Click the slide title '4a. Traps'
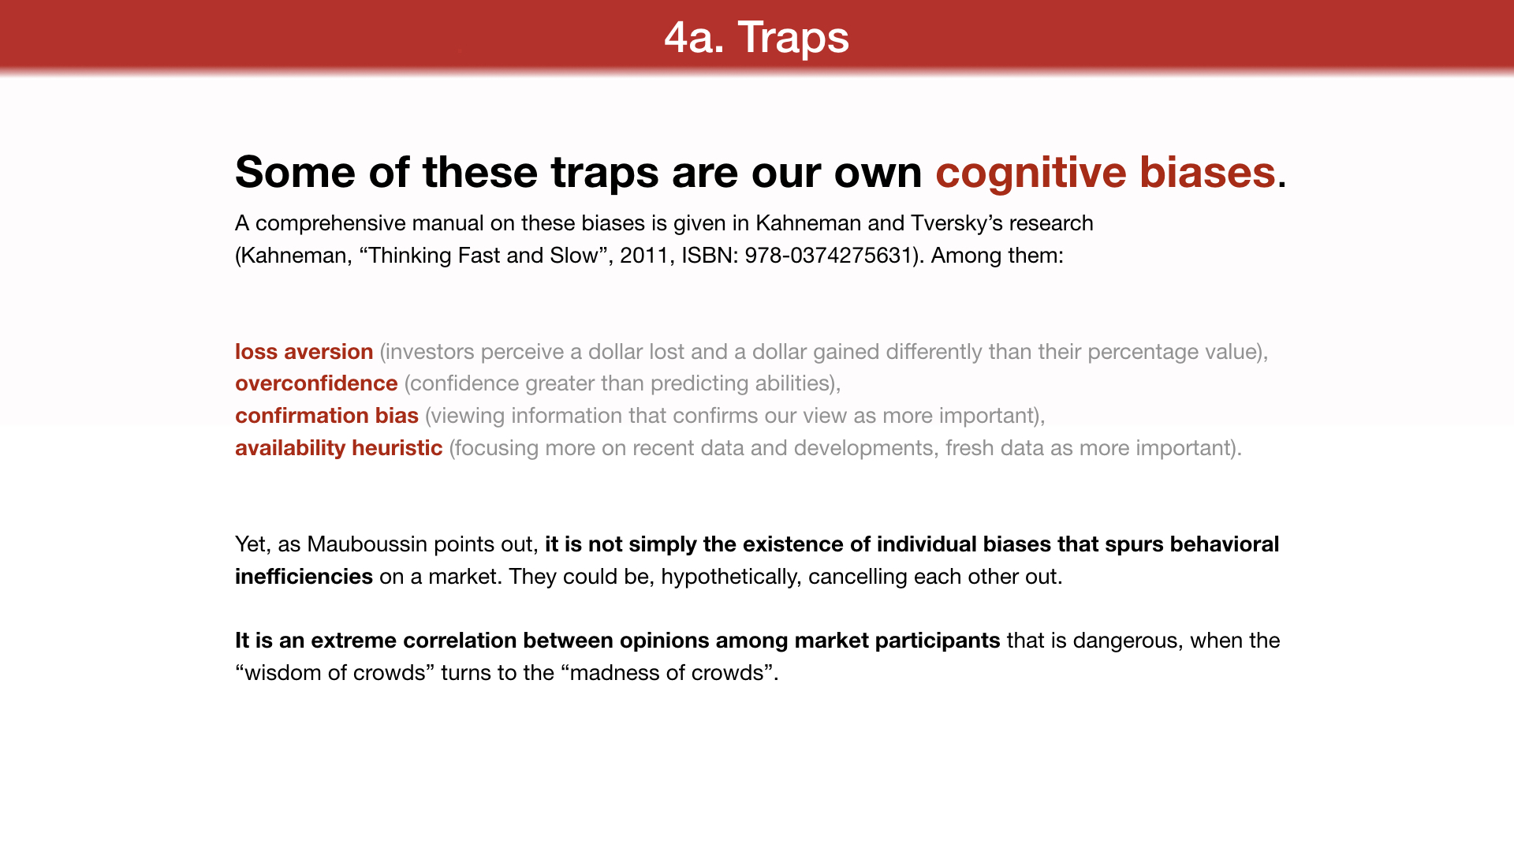click(x=756, y=37)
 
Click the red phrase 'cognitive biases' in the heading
click(x=1106, y=173)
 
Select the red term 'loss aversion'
click(x=304, y=352)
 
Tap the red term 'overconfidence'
click(x=316, y=383)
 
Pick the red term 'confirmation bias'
click(x=326, y=416)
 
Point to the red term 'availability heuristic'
click(x=338, y=448)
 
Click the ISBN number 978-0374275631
click(x=828, y=256)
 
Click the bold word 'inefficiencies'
click(x=304, y=577)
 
